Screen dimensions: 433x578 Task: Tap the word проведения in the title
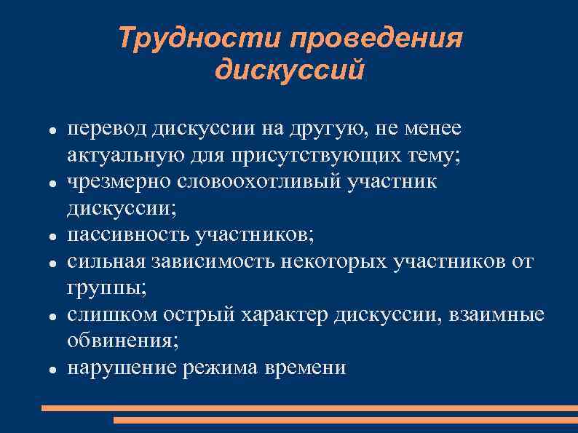point(376,38)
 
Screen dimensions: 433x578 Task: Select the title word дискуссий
point(289,71)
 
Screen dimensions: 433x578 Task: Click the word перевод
point(107,129)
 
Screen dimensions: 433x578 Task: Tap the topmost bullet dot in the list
point(53,131)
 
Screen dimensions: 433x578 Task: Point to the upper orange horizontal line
point(309,408)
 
